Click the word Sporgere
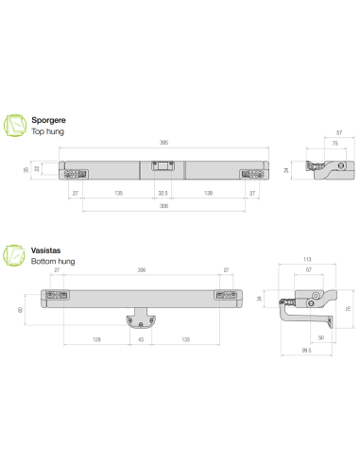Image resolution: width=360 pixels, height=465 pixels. pyautogui.click(x=48, y=120)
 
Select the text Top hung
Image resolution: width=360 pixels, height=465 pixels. pyautogui.click(x=47, y=131)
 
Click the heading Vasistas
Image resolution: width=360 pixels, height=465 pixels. pyautogui.click(x=45, y=250)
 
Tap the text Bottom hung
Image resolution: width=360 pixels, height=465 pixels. pyautogui.click(x=53, y=262)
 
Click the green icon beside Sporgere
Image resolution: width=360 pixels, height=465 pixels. pyautogui.click(x=15, y=126)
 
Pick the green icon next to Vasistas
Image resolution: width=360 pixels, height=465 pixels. pyautogui.click(x=14, y=255)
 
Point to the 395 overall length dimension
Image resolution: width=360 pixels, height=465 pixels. pyautogui.click(x=163, y=143)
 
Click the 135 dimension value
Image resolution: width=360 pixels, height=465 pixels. pyautogui.click(x=118, y=193)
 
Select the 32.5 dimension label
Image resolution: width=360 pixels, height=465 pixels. pyautogui.click(x=163, y=193)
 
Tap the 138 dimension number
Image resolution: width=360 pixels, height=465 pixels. pyautogui.click(x=208, y=193)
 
